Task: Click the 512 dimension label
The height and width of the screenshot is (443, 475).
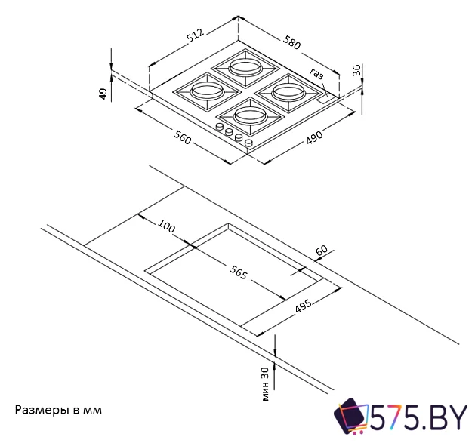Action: pyautogui.click(x=195, y=36)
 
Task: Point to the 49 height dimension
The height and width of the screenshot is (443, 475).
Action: pyautogui.click(x=103, y=94)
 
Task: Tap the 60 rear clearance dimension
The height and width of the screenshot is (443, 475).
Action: pyautogui.click(x=322, y=249)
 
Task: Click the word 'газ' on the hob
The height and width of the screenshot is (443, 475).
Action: pyautogui.click(x=316, y=73)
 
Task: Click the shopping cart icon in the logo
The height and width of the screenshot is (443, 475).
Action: pyautogui.click(x=350, y=417)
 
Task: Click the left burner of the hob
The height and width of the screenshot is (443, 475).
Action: pyautogui.click(x=205, y=91)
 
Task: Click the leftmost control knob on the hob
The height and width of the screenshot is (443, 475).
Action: pyautogui.click(x=221, y=130)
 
